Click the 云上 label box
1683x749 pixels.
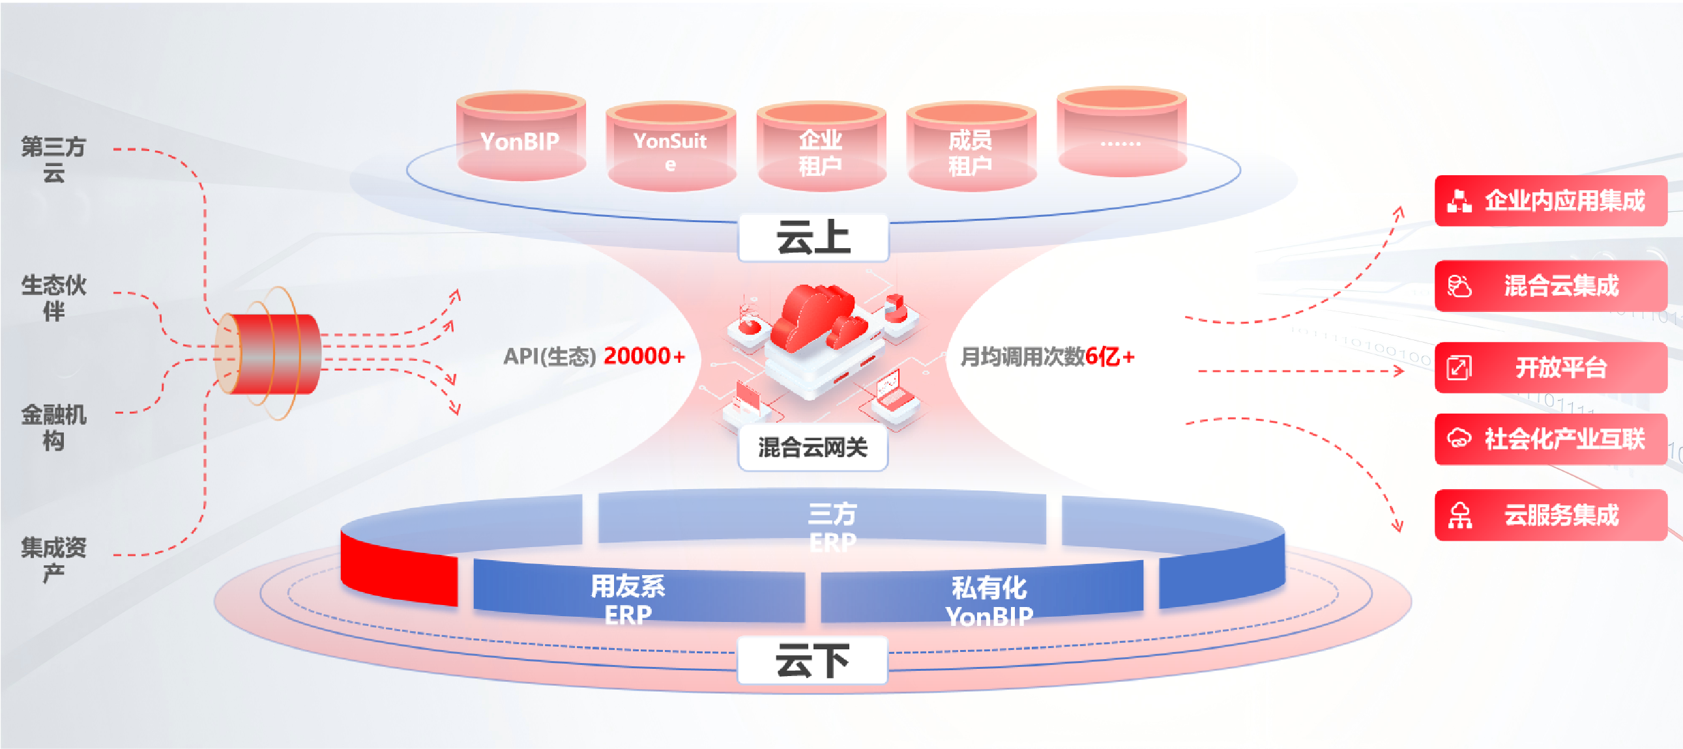pos(813,237)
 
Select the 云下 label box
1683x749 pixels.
pos(812,660)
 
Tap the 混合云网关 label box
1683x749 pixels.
pos(812,447)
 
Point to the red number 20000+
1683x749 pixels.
pos(644,356)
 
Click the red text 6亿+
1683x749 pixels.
pos(1109,356)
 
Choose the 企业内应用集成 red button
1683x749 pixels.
pos(1551,201)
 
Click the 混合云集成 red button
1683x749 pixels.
pos(1551,285)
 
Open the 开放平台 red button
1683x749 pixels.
pos(1551,367)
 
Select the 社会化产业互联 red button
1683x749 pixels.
pos(1551,439)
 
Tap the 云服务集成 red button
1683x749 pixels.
pos(1551,515)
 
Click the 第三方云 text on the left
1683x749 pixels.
pos(53,159)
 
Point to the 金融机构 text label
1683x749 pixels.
pos(53,427)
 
